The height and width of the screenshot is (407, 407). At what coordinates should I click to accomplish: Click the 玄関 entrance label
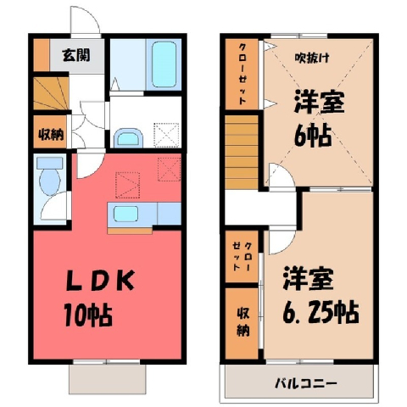tap(76, 55)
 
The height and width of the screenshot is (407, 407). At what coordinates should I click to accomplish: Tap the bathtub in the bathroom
tap(164, 64)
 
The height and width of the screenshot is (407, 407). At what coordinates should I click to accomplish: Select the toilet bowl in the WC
tap(50, 179)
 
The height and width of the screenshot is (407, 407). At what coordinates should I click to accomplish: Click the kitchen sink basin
tap(125, 214)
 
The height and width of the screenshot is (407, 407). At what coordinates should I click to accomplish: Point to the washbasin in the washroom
tap(128, 138)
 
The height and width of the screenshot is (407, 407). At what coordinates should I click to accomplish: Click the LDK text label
tap(100, 281)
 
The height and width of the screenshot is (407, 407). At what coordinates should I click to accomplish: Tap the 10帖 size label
tap(88, 315)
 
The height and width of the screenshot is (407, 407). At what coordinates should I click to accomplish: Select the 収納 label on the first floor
tap(51, 134)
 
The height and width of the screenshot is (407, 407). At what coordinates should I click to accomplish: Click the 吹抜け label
tap(312, 58)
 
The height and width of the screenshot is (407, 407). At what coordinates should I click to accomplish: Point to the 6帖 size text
tap(313, 135)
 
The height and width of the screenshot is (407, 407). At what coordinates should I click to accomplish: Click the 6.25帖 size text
tap(321, 311)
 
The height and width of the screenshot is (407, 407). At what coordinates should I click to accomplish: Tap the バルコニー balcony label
tap(306, 383)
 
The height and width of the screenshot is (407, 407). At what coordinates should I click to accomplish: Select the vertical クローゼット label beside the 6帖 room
tap(243, 74)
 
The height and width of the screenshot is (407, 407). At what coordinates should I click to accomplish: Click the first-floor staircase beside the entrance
tap(51, 93)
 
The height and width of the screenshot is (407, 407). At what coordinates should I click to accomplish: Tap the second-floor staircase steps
tap(242, 152)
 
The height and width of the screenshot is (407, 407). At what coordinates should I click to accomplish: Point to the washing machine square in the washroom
tap(166, 135)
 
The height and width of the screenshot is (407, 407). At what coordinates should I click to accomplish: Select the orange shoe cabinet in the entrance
tap(42, 55)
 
